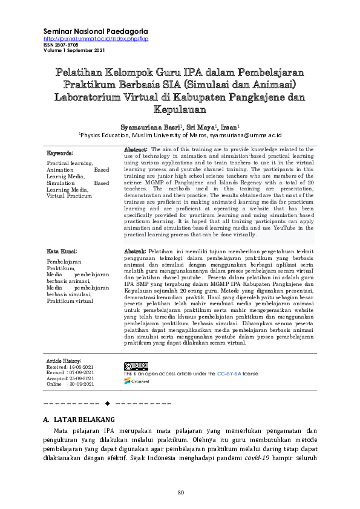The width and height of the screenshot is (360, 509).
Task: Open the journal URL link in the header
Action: click(x=96, y=39)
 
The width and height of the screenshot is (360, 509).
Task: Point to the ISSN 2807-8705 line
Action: click(x=61, y=45)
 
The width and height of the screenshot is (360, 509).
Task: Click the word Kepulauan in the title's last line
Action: click(x=180, y=110)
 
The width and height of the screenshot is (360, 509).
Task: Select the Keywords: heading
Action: click(x=60, y=154)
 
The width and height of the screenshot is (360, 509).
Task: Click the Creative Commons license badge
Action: click(x=136, y=366)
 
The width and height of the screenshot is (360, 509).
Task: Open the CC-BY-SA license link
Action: click(x=229, y=374)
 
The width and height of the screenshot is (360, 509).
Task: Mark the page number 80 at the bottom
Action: click(x=180, y=491)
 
